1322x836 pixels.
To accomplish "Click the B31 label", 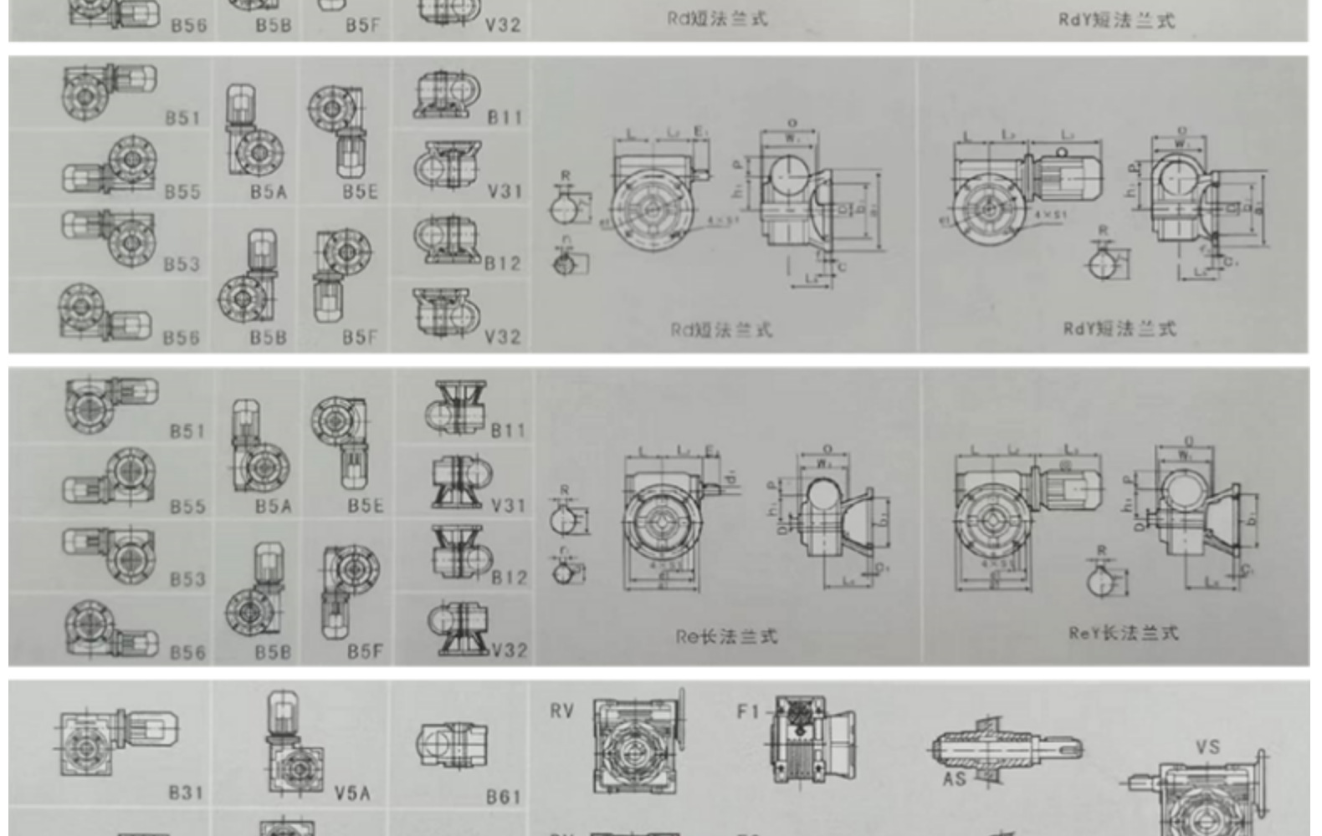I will point(185,792).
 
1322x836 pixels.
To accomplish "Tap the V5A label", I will point(351,793).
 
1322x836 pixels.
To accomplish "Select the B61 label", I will point(503,797).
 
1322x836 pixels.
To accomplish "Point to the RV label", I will point(561,711).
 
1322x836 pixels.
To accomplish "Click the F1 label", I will point(747,711).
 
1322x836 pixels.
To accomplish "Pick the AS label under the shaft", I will point(955,778).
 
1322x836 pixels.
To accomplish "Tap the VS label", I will point(1207,747).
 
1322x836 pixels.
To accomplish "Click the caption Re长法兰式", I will point(726,637).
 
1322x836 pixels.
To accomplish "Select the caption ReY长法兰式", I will point(1123,633).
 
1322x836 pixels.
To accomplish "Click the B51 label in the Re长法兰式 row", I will point(187,431).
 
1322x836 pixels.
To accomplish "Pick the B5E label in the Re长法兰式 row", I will point(366,506).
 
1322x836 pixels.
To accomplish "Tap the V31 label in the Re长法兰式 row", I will point(508,505).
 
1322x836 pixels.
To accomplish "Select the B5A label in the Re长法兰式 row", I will point(273,506).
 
